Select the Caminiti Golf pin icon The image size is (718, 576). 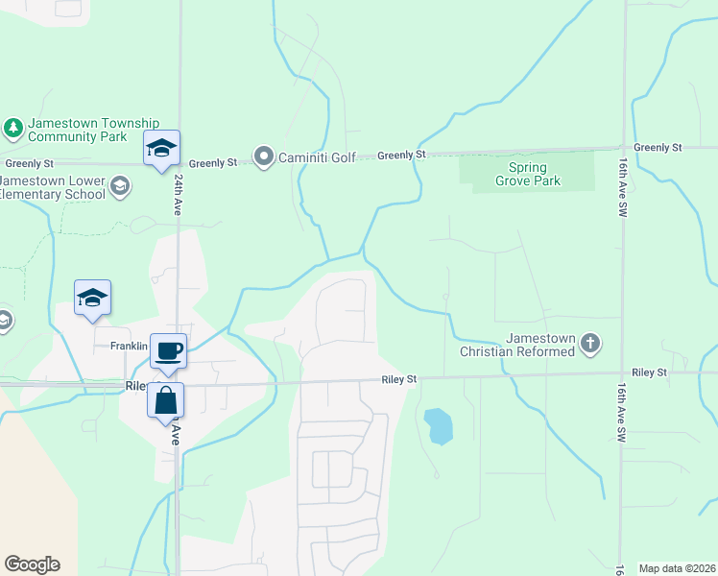[x=263, y=156]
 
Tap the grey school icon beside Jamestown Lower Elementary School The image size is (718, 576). [x=120, y=186]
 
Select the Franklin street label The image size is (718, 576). [x=129, y=346]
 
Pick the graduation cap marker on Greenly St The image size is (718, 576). [x=161, y=148]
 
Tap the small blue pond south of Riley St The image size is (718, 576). [x=438, y=425]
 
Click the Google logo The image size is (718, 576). [x=32, y=564]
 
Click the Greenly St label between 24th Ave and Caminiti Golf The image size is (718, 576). [x=212, y=163]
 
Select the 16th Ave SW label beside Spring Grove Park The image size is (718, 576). [x=623, y=187]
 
